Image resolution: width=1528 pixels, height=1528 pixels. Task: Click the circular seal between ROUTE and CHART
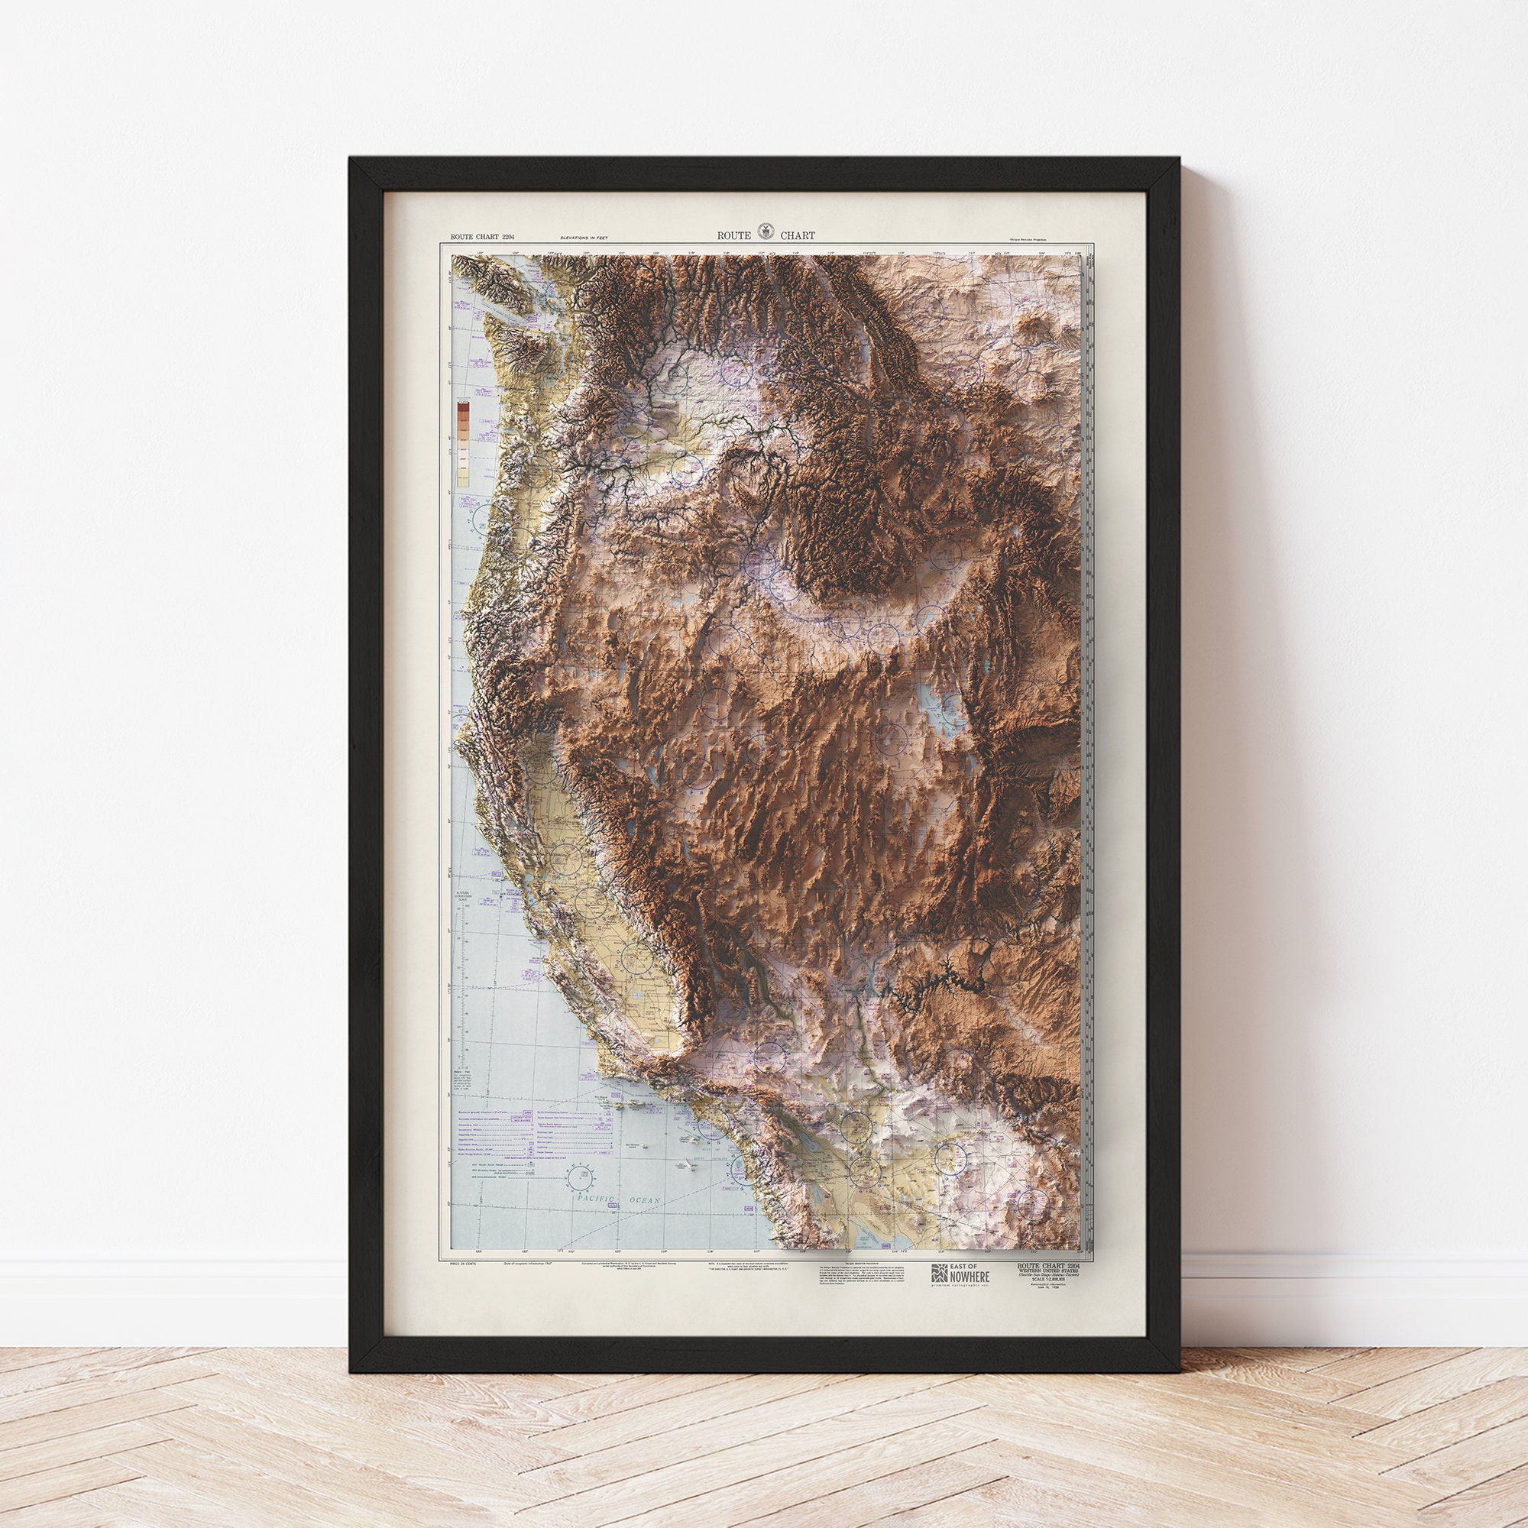764,231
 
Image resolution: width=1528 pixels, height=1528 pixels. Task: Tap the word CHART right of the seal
796,235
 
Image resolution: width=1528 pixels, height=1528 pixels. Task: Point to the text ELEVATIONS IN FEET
589,238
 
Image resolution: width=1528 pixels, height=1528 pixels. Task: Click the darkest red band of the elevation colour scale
464,408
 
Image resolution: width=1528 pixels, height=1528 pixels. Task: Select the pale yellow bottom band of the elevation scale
464,477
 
